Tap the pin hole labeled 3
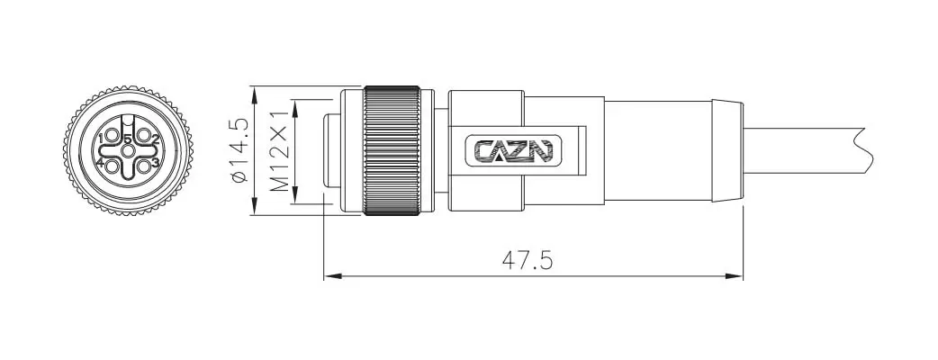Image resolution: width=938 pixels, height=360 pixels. (x=142, y=166)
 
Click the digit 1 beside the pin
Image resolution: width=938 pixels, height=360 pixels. (x=102, y=139)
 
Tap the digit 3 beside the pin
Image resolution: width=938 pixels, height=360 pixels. (x=155, y=162)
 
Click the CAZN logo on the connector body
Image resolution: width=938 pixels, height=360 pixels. (x=513, y=150)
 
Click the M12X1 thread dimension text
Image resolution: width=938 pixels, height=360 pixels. (x=279, y=151)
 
